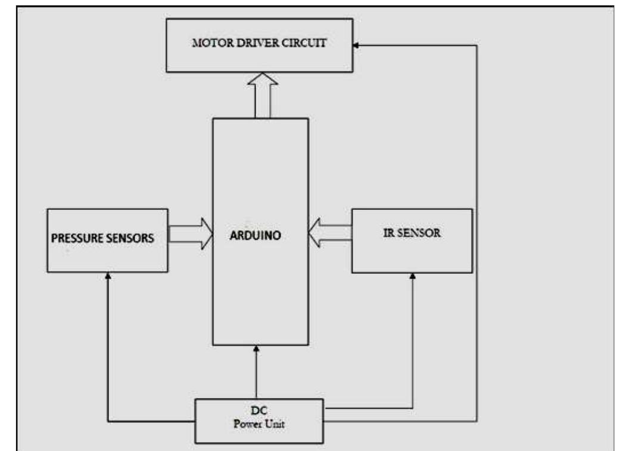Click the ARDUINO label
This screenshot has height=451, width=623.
[x=255, y=235]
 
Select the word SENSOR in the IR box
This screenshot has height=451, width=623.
[x=421, y=233]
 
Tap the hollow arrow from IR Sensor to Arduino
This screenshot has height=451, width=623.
[x=330, y=233]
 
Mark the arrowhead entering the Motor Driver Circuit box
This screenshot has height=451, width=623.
[x=355, y=45]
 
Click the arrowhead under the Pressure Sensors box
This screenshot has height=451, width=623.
[x=108, y=276]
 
